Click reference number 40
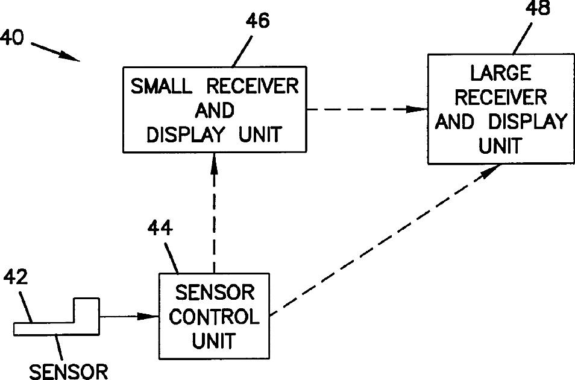coord(11,37)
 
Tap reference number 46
coord(257,21)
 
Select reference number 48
coord(538,8)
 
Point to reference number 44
coord(160,228)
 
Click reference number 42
coord(16,277)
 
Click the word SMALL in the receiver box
coord(162,86)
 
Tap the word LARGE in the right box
coord(501,73)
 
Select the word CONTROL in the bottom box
coord(214,317)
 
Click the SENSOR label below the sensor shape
coord(69,372)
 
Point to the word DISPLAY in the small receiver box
coord(186,135)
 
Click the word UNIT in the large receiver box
coord(500,146)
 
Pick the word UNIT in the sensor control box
coord(214,341)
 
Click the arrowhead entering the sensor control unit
coord(148,316)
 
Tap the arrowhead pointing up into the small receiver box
coord(215,163)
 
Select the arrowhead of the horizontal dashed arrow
coord(417,109)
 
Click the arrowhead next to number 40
coord(69,56)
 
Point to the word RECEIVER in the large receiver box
coord(501,97)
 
